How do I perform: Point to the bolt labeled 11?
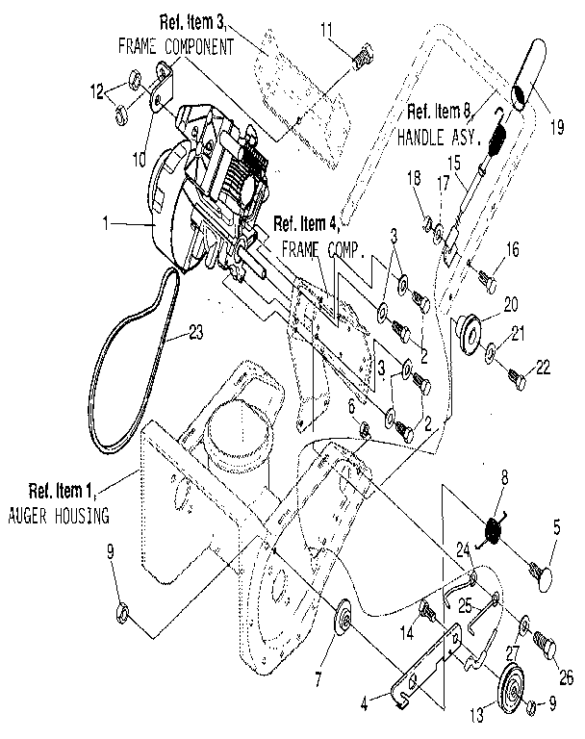(x=361, y=55)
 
